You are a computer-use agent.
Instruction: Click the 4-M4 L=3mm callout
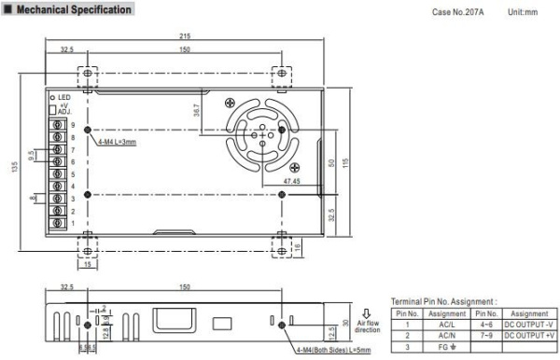(118, 142)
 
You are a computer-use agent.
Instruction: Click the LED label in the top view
(65, 96)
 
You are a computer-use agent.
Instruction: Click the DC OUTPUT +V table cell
(528, 338)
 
